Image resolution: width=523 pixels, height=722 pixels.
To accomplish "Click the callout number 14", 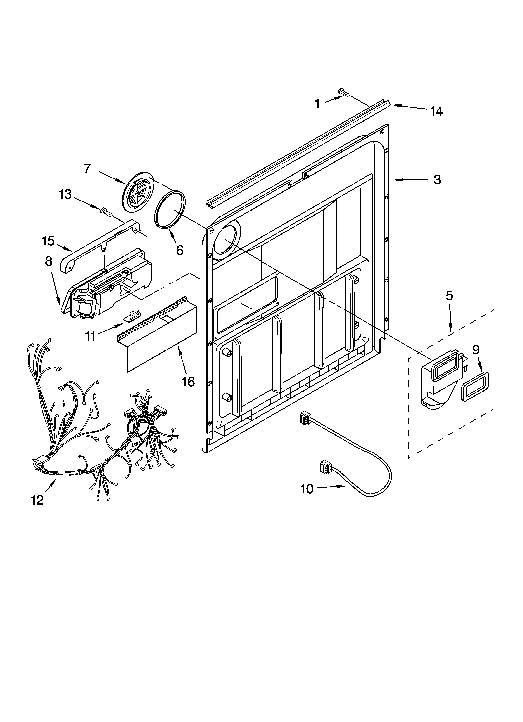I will tap(436, 111).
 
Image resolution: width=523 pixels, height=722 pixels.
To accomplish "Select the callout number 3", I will tap(437, 180).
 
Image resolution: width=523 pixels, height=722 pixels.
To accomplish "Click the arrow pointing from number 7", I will tap(112, 177).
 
